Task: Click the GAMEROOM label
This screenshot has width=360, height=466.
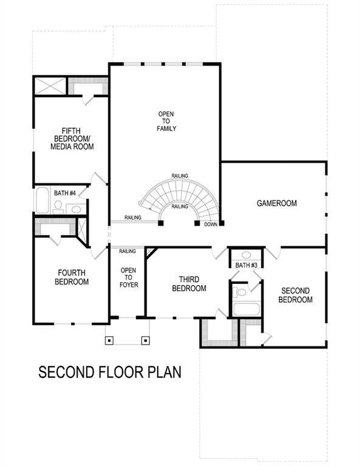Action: pos(276,203)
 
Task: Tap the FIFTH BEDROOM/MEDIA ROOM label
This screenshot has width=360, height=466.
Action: pos(72,138)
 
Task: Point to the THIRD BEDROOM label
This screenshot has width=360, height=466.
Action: pos(189,284)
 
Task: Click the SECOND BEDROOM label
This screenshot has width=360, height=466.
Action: pos(295,295)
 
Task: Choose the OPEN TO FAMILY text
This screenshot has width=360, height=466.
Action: pos(167,121)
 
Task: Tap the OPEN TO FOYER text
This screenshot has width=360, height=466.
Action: pos(128,277)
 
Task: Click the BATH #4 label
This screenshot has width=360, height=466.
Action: pos(65,193)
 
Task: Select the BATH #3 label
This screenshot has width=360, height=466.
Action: pos(246,265)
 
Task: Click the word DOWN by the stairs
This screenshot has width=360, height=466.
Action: pos(211,224)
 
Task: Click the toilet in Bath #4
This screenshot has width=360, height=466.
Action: pos(58,206)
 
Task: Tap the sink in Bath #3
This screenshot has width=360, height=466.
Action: pos(246,255)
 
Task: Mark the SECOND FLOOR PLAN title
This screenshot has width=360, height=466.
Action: pos(110,371)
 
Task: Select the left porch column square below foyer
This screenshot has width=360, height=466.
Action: pos(109,340)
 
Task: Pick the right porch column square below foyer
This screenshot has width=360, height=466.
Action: pos(146,340)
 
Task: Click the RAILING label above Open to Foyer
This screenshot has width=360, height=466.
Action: pos(127,251)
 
